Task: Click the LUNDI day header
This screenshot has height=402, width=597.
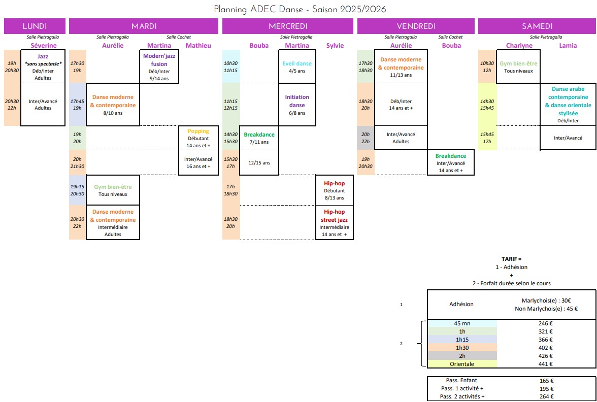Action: pos(35,26)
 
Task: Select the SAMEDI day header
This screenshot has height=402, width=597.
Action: pos(537,26)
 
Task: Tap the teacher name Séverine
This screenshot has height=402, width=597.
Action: pos(43,46)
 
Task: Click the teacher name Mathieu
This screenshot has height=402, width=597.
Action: pos(198,46)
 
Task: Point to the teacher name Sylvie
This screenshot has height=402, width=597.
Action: pos(335,46)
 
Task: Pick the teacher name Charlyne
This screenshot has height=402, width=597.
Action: pos(519,46)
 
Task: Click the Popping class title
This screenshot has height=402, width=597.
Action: pos(198,131)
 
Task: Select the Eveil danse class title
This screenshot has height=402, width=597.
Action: pos(297,64)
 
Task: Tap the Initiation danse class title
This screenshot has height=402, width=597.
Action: pos(297,101)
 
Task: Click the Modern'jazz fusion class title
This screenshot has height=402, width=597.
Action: pos(159,60)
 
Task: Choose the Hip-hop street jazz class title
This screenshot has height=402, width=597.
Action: pos(334,216)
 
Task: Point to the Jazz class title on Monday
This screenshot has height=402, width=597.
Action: pos(43,56)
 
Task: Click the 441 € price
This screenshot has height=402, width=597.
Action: pos(546,364)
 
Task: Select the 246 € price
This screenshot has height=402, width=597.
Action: pos(546,323)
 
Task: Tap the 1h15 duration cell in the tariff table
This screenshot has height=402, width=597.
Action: pos(461,340)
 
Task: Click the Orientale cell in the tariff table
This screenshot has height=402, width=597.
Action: pos(461,364)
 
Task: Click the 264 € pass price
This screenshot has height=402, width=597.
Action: pos(546,397)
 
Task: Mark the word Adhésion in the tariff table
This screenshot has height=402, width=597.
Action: pos(461,304)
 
